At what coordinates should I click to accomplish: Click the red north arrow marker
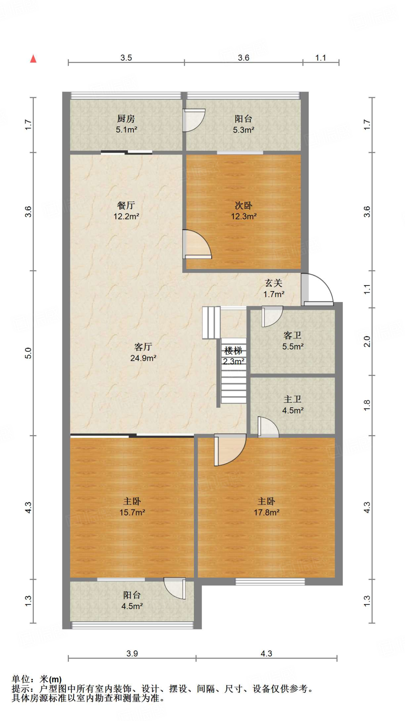(x=33, y=59)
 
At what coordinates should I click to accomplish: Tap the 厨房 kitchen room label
(x=126, y=119)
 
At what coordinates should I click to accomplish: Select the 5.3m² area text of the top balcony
(x=243, y=130)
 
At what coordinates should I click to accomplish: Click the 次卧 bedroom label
(x=243, y=205)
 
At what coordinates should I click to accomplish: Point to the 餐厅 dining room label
(x=126, y=205)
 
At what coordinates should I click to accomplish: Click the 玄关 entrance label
(x=274, y=283)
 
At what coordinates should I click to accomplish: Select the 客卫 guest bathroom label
(x=292, y=335)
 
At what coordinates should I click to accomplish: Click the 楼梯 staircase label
(x=233, y=351)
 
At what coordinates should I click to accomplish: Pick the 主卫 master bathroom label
(x=292, y=399)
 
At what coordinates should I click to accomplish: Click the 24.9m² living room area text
(x=143, y=358)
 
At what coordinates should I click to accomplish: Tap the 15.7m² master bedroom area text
(x=132, y=513)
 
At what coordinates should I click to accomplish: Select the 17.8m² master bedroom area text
(x=266, y=513)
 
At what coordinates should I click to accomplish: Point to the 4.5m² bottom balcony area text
(x=132, y=606)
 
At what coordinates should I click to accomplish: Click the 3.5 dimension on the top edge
(x=126, y=58)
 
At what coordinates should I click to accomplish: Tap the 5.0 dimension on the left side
(x=28, y=353)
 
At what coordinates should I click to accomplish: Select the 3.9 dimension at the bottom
(x=132, y=654)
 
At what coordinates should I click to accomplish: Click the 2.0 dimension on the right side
(x=367, y=341)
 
